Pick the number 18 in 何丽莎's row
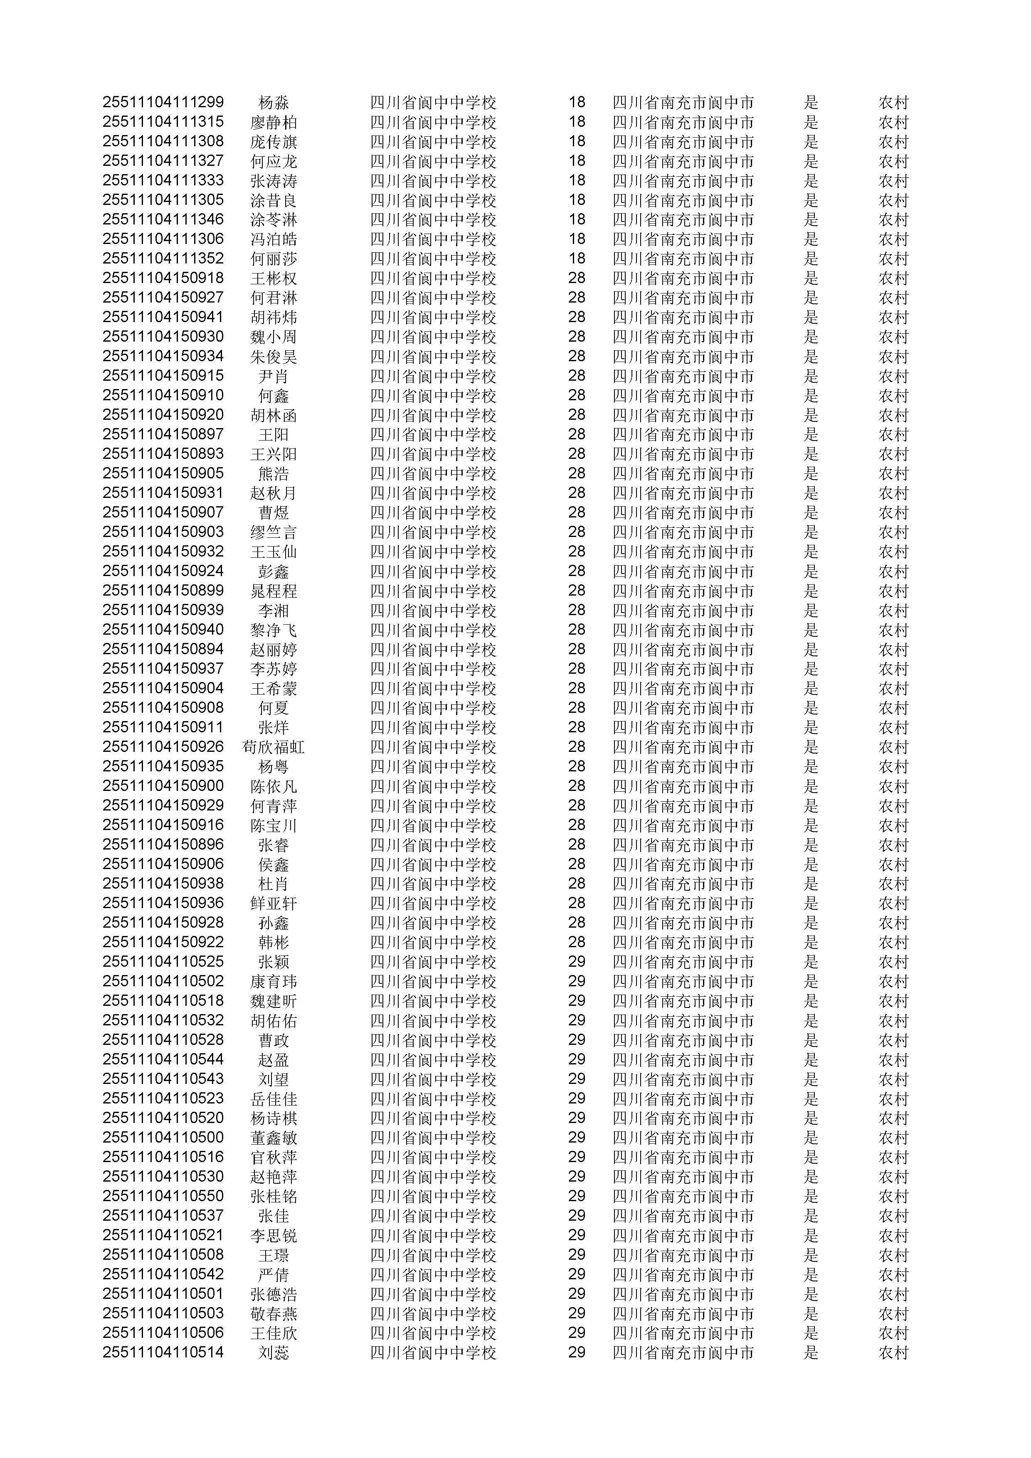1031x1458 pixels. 576,259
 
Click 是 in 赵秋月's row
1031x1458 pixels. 811,493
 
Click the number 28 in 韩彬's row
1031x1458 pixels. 576,942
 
